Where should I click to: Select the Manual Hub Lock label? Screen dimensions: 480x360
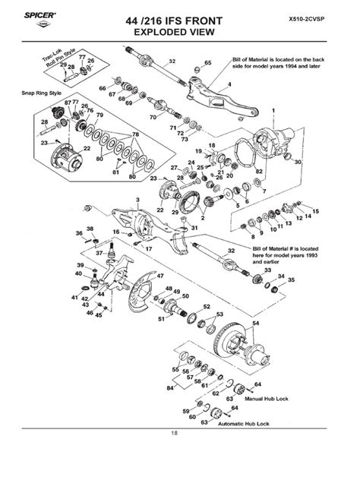(x=275, y=396)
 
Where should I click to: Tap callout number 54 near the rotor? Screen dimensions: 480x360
(x=255, y=323)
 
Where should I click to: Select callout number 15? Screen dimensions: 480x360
(x=316, y=210)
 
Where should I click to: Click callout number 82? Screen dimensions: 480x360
(x=259, y=172)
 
